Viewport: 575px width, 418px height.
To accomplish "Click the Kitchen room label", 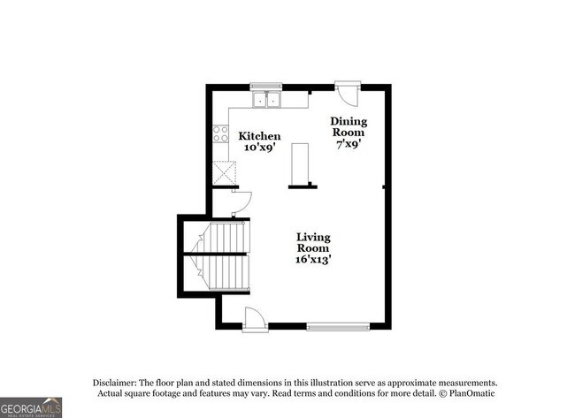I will point(260,136).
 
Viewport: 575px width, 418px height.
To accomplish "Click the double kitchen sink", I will point(265,99).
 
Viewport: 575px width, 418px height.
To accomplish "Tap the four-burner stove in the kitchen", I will point(220,135).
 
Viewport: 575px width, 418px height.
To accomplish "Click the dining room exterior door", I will point(349,92).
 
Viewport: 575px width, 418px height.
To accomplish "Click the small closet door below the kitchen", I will point(240,202).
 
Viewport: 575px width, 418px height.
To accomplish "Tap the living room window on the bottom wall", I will point(339,326).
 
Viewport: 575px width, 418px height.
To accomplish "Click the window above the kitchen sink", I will point(265,87).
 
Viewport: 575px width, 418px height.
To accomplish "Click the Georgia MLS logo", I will point(31,407).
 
